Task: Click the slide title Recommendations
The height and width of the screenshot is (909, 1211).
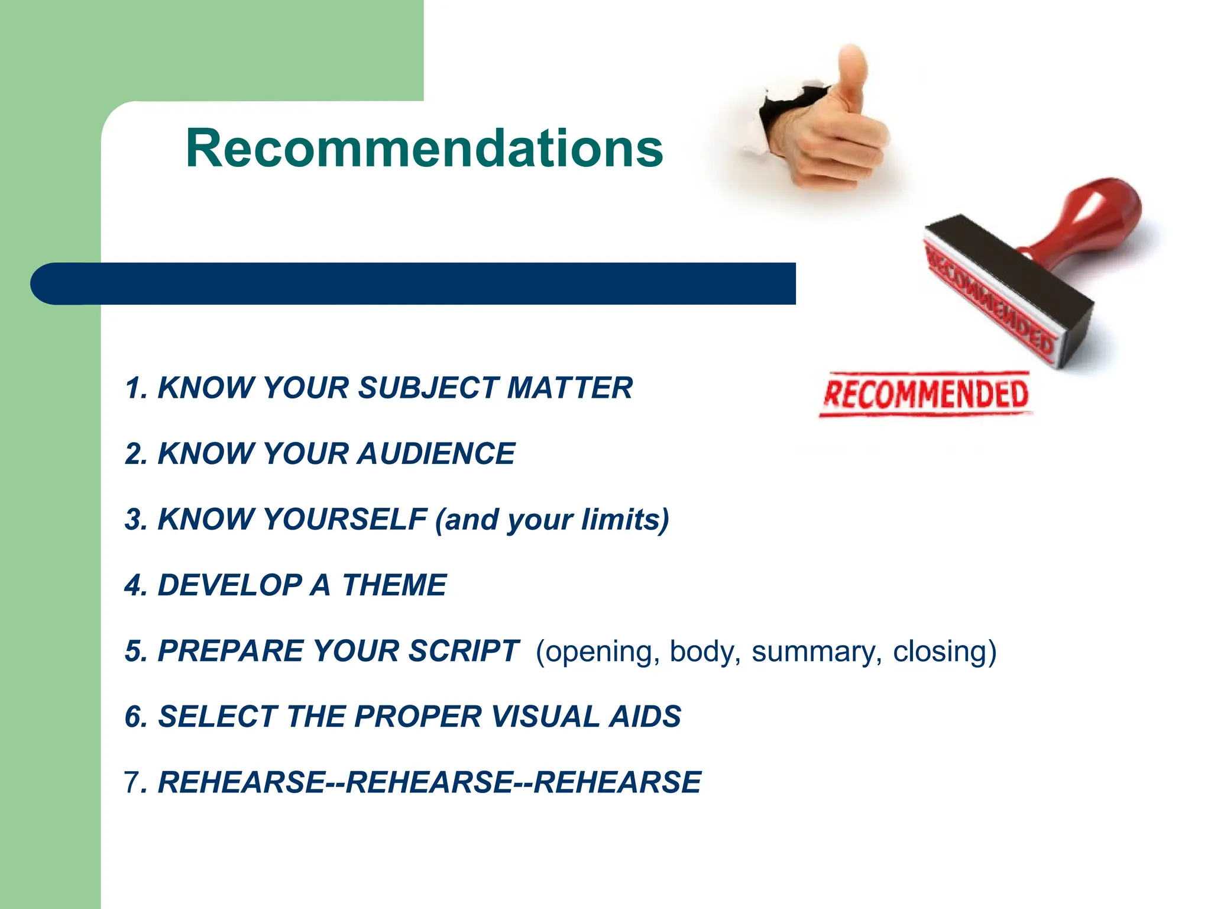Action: point(424,149)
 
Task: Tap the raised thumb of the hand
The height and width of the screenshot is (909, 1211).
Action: point(851,74)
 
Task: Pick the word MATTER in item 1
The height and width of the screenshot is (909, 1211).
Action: point(569,388)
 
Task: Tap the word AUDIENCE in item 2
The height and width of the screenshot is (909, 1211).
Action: point(436,454)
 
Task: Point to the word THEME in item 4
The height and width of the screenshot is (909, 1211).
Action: point(394,585)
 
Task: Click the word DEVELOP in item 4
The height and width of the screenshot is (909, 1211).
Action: point(230,585)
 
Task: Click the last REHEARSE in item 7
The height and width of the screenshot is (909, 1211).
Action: point(617,782)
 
